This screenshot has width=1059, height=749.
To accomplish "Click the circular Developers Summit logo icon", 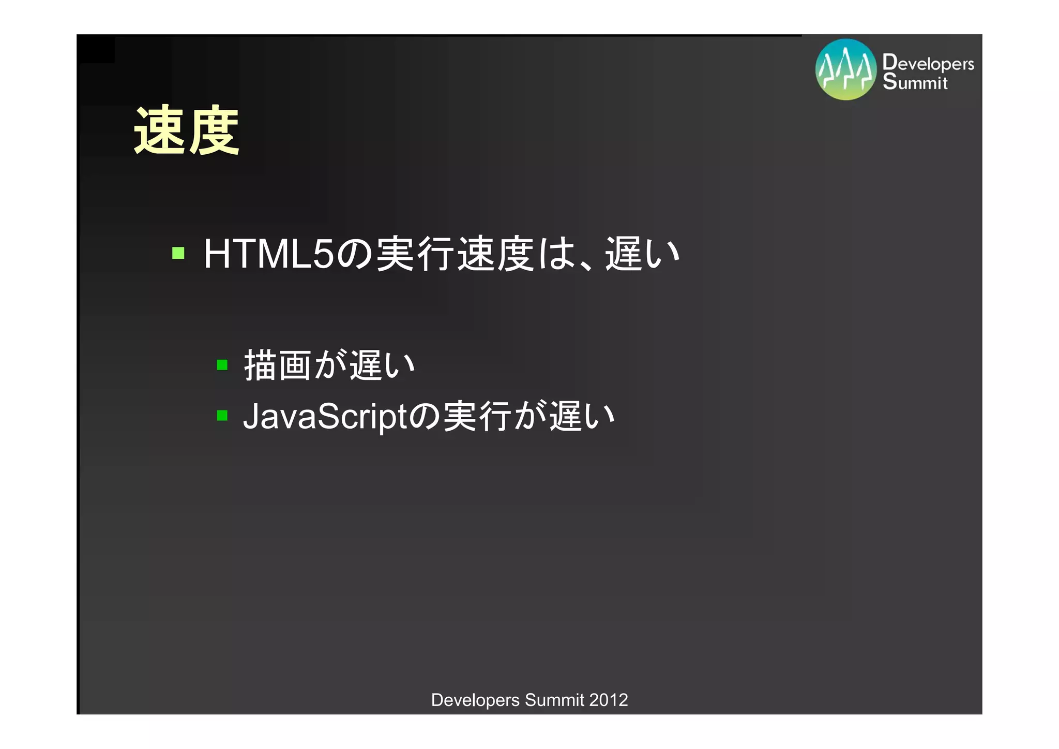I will point(846,69).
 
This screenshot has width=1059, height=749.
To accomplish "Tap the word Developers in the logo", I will point(928,63).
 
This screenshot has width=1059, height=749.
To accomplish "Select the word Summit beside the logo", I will point(915,82).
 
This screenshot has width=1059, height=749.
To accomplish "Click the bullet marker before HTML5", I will point(178,253).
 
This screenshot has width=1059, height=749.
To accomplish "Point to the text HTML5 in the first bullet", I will point(269,254).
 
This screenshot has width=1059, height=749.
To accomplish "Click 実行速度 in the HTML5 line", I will point(455,254).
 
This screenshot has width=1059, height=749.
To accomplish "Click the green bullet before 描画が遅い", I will point(222,365).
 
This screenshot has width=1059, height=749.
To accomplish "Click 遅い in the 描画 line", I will point(383,365).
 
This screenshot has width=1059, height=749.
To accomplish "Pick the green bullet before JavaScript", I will point(222,415).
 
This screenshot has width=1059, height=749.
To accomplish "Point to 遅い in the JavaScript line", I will point(582,416).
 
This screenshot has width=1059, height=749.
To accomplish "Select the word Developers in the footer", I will point(475,700).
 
